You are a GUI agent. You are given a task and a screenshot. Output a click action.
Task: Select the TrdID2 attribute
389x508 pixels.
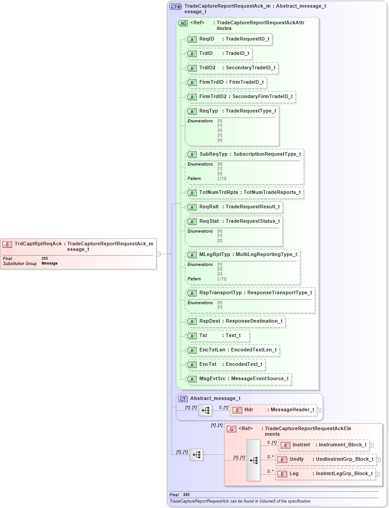pos(231,68)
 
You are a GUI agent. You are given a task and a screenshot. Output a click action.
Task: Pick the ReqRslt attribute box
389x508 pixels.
pos(234,207)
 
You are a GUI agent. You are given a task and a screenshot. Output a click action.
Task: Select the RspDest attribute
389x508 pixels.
pos(235,321)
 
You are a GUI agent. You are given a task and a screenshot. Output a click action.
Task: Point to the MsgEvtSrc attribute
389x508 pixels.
pos(239,379)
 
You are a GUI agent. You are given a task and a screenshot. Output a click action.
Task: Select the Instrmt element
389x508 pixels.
pos(324,445)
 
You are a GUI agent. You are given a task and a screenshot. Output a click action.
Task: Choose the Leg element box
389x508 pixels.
pos(325,474)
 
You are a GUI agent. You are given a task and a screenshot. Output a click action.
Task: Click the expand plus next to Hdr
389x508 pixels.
pos(319,410)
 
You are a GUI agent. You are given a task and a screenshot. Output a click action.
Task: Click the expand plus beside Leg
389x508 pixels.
pos(378,474)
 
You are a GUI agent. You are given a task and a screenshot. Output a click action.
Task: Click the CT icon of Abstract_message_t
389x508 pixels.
pos(183,399)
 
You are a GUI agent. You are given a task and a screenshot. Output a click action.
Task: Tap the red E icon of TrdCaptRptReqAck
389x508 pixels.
pos(7,244)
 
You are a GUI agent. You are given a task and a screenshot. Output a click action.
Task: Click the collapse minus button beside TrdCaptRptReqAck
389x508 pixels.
pos(158,254)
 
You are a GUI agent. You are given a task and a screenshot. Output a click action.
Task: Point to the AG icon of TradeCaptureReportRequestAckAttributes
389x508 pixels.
pos(183,23)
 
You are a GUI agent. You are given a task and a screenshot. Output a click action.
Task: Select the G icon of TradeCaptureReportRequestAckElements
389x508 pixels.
pos(231,429)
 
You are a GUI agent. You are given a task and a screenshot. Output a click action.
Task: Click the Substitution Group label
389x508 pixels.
pos(20,264)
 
